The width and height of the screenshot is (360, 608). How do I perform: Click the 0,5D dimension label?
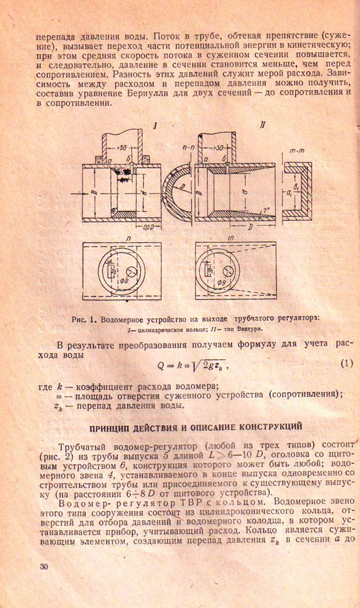pyautogui.click(x=148, y=226)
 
